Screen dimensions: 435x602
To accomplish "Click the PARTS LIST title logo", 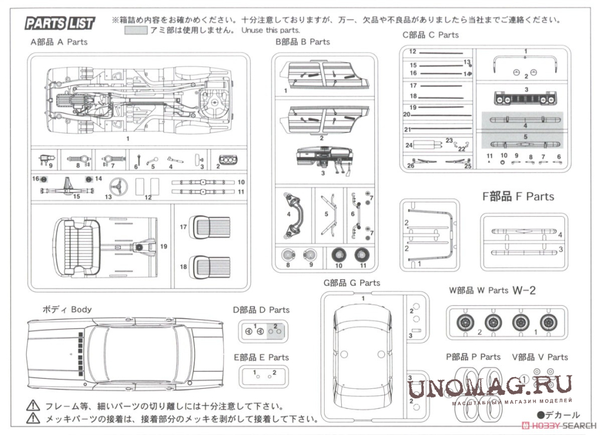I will (x=60, y=24).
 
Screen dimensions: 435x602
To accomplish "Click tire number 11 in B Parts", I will (x=361, y=255).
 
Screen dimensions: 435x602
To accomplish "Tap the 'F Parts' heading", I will (x=518, y=197).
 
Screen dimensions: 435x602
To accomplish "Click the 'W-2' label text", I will (x=524, y=290).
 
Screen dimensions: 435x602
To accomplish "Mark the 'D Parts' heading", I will (x=261, y=310).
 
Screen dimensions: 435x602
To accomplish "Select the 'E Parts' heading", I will (x=261, y=357).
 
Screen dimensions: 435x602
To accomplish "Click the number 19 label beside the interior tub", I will (x=163, y=246).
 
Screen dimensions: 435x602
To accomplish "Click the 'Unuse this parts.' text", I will (x=270, y=30).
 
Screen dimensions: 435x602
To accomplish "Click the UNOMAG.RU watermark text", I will (x=489, y=387).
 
